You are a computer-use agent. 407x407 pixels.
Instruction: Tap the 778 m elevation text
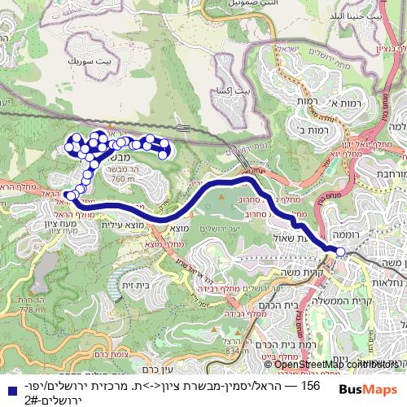click(x=32, y=309)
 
